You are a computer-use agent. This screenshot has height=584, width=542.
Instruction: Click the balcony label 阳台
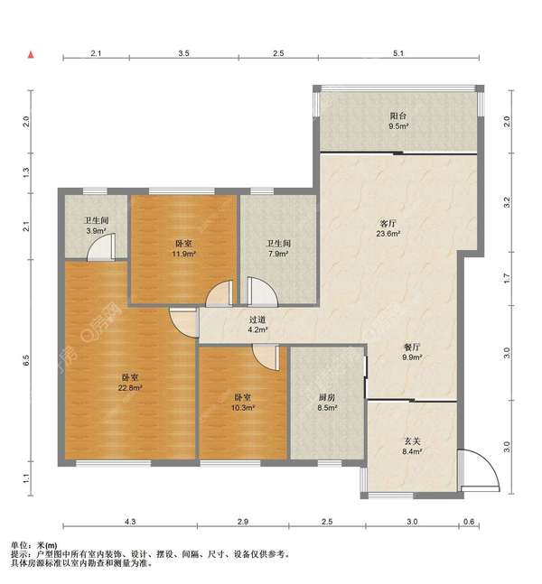pos(397,116)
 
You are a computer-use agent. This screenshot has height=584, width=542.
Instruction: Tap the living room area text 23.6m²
pos(388,234)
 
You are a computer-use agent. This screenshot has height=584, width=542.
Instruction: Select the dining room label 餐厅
pos(412,348)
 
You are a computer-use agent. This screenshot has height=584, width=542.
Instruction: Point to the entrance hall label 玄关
pos(413,441)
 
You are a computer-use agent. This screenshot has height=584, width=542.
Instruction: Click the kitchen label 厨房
pos(327,398)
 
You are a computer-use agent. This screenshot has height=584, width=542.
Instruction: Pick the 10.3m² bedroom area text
pos(243,408)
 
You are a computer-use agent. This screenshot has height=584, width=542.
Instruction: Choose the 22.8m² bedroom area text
pos(130,388)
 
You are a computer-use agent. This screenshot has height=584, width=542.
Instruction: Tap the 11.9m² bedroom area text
pos(183,254)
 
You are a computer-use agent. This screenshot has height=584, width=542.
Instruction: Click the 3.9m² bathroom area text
pos(96,231)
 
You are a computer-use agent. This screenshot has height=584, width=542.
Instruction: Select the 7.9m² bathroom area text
pos(278,254)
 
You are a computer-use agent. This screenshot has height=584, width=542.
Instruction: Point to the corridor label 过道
pos(257,320)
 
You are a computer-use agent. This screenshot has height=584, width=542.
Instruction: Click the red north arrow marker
pos(31,55)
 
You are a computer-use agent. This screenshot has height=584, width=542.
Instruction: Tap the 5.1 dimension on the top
pos(398,53)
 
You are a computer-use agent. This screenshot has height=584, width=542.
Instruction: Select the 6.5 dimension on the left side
pos(25,360)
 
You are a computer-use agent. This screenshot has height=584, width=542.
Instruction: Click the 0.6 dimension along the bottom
pos(469,522)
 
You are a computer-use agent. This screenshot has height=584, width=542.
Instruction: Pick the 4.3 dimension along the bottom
pos(130,522)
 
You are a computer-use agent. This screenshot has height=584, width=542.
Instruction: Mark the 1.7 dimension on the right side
pos(506,278)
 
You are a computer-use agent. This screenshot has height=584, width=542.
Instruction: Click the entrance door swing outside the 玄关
pos(479,471)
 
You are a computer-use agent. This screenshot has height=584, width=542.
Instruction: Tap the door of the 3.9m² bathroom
pos(101,246)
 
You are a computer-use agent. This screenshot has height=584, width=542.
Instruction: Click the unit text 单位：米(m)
pos(34,545)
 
